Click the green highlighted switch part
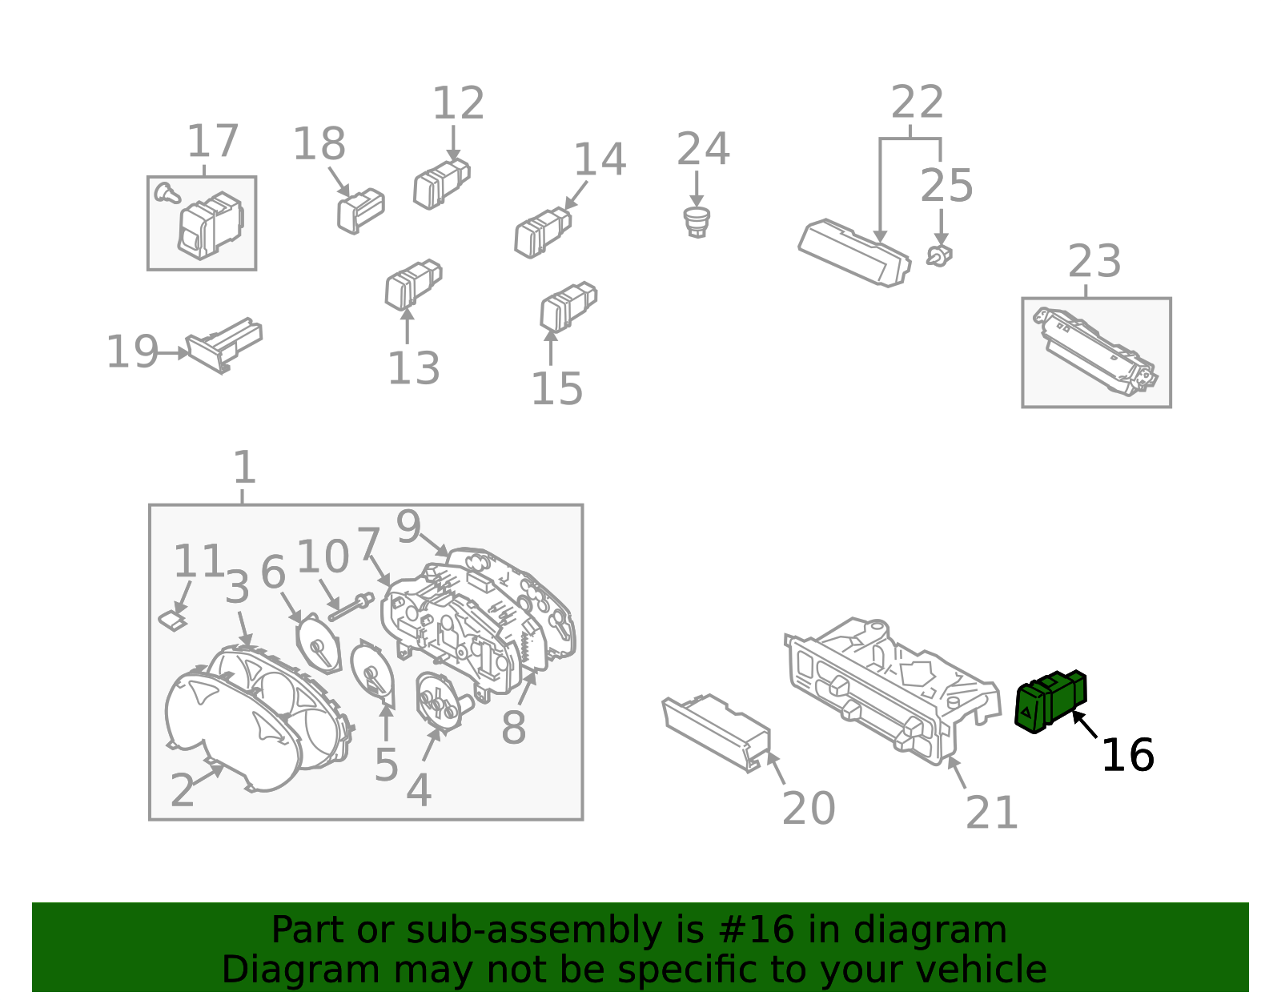1050,701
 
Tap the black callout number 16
1128,755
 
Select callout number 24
703,149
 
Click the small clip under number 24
697,222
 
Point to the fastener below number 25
939,256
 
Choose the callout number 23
1094,261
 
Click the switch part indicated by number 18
361,211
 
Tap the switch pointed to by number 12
441,183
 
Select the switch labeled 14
543,232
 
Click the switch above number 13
413,284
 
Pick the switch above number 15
568,307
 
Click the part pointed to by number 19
224,345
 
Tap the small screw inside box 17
167,193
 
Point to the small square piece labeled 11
173,620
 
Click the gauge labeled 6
319,644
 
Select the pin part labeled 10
351,607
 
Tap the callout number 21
991,813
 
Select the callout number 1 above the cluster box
245,468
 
